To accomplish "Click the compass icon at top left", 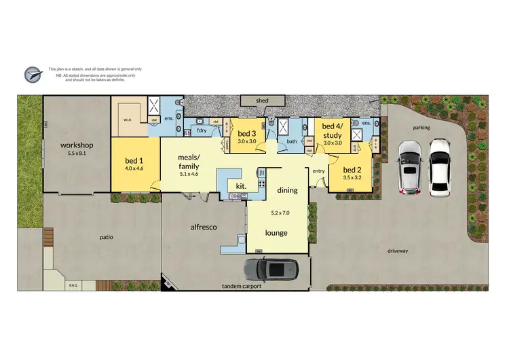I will tap(33, 73).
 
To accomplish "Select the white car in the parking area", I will tap(440, 166).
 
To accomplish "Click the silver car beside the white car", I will tap(409, 168).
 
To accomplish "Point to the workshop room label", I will tap(77, 145).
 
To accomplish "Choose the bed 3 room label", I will tap(246, 133).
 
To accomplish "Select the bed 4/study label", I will tap(333, 130).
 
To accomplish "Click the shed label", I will tap(262, 101).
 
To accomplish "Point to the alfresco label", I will tap(203, 227).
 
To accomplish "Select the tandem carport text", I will tap(242, 287).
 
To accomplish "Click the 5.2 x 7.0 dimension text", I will tap(280, 213).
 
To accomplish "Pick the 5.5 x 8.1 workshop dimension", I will tap(77, 154).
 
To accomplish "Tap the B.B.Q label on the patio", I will tap(73, 285).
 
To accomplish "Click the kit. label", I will tap(240, 185).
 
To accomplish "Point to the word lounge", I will tap(276, 233).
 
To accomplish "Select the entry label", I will tap(318, 170).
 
